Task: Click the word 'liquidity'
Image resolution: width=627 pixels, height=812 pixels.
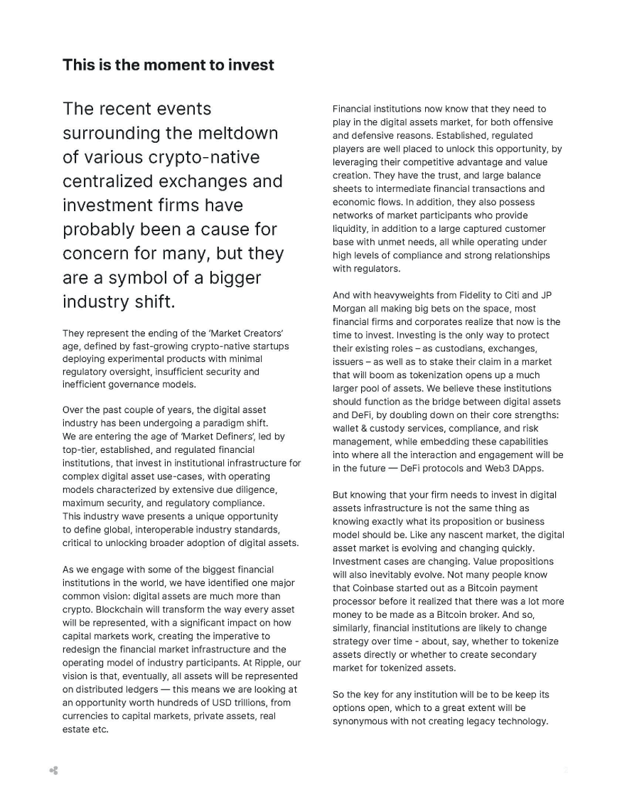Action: pos(353,228)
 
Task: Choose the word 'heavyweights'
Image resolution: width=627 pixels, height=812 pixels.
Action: pos(399,296)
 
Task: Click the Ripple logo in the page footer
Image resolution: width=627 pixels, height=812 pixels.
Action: pos(54,770)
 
